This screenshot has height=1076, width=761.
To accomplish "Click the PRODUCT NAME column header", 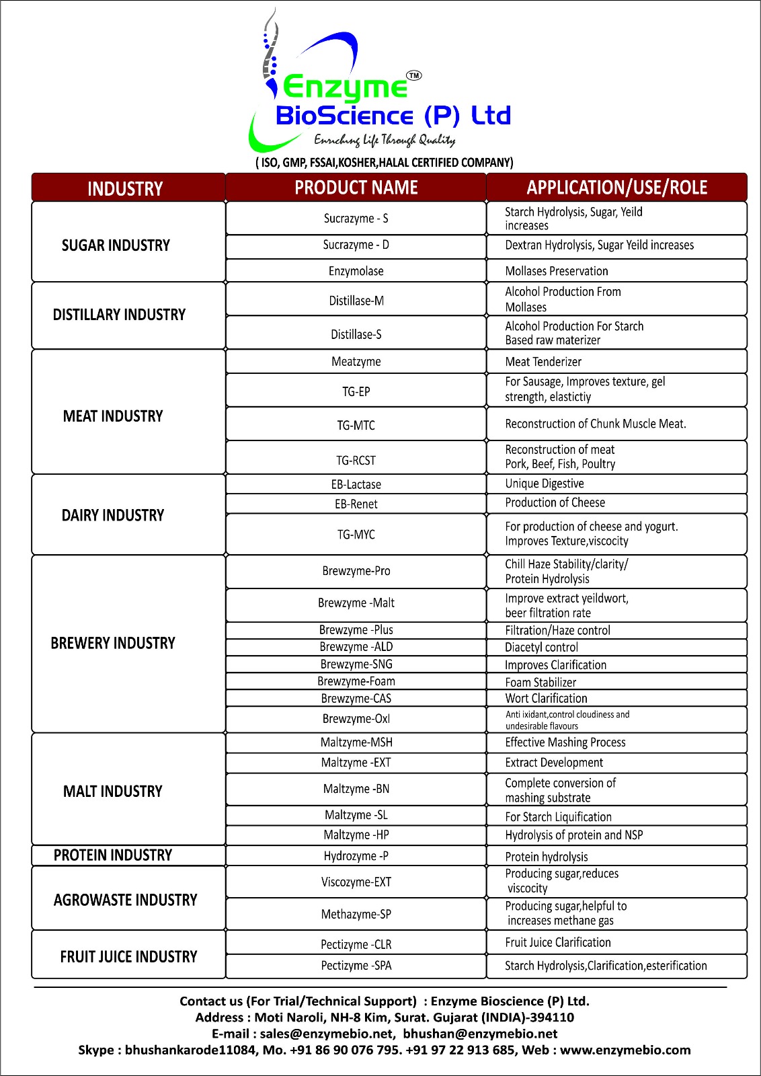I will click(x=356, y=188).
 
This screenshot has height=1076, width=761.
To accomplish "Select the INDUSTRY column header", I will click(x=126, y=188).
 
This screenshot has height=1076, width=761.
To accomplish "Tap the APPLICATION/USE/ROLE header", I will click(x=616, y=188).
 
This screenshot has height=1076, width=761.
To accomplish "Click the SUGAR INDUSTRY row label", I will click(x=116, y=245).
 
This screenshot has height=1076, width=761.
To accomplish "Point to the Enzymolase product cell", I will click(x=356, y=271).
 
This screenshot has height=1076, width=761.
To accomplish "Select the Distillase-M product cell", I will click(x=356, y=301).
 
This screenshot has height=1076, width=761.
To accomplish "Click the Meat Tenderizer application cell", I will click(x=543, y=362).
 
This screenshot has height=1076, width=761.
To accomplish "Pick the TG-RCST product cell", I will click(x=356, y=461).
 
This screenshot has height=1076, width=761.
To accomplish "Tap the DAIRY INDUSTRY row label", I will click(x=113, y=515).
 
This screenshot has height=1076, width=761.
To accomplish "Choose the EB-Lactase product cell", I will click(x=356, y=484).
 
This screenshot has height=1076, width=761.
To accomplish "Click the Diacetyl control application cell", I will click(x=541, y=648).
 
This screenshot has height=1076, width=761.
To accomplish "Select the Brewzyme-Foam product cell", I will click(x=356, y=681).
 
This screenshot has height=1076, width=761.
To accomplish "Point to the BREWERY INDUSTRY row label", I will click(x=113, y=644).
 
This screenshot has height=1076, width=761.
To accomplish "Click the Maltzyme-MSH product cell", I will click(x=356, y=742).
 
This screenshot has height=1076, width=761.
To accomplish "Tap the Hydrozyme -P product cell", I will click(x=356, y=856).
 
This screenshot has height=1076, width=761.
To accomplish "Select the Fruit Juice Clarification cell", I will click(x=558, y=943).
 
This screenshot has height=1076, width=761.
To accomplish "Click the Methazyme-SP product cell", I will click(x=356, y=915).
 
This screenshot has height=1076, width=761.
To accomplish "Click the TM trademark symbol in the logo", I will click(x=415, y=75).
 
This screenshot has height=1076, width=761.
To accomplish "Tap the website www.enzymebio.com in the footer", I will click(x=625, y=1050).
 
